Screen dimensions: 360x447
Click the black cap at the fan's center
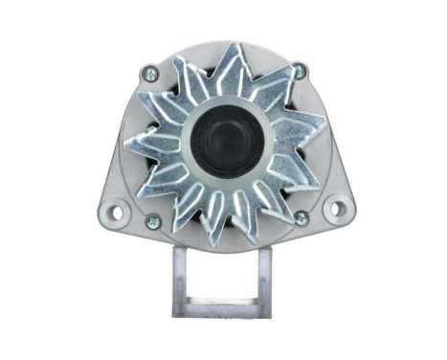click(223, 141)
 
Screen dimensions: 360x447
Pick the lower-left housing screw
click(150, 219)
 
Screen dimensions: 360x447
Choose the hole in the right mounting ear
click(335, 207)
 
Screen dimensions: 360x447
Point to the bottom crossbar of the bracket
click(222, 307)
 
